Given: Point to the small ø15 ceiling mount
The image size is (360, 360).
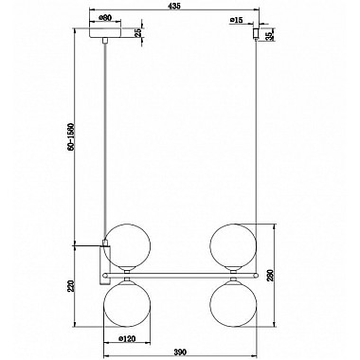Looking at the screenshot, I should [254, 34].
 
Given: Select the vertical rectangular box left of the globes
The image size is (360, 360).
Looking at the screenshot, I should [105, 260].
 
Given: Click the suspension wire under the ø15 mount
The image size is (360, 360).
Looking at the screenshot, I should [254, 142].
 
